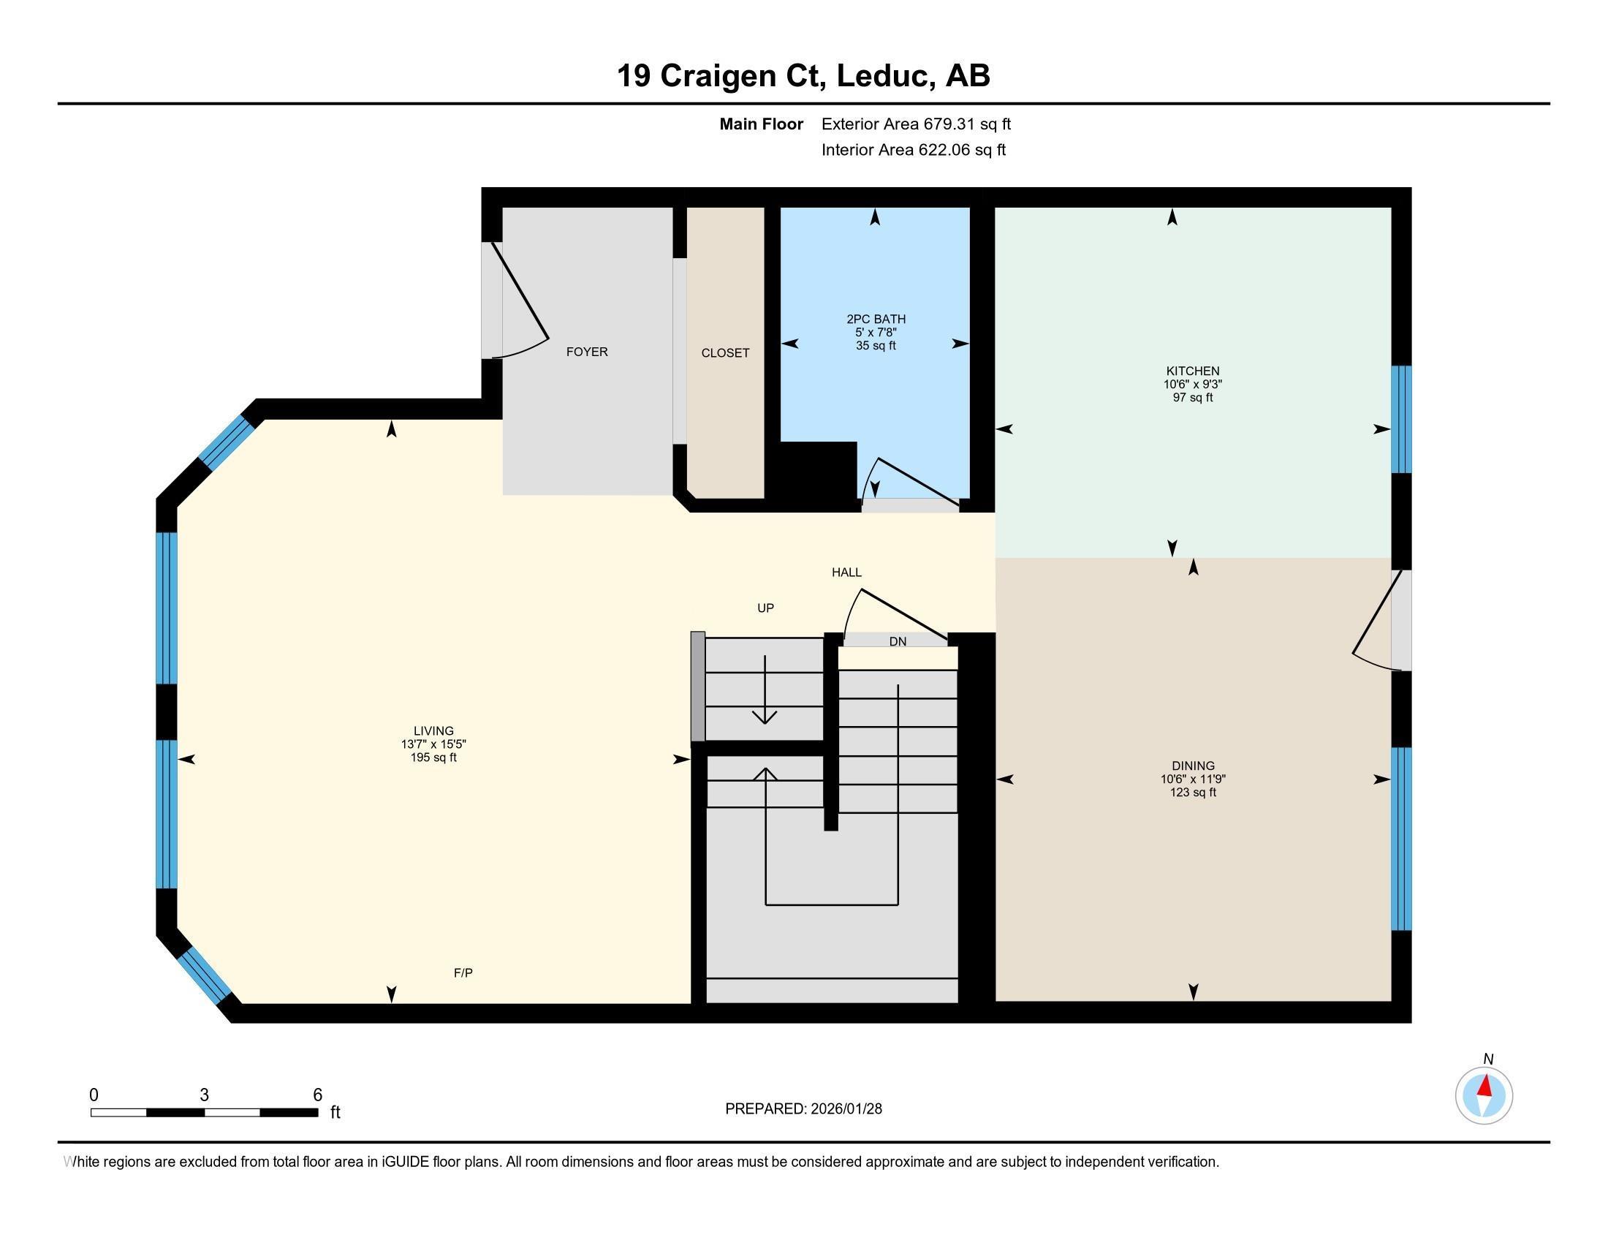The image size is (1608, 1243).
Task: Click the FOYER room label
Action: click(587, 352)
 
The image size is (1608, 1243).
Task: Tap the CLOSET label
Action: click(725, 353)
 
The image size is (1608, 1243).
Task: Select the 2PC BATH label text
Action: click(876, 319)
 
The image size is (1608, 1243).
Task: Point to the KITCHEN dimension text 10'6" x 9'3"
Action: click(1193, 385)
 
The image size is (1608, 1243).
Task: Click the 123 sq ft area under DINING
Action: click(1193, 793)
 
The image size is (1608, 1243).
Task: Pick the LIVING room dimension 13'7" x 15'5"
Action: click(433, 744)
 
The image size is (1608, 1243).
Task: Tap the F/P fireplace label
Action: click(463, 972)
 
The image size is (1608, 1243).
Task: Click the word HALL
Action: click(846, 573)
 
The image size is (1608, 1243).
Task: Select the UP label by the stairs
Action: click(766, 608)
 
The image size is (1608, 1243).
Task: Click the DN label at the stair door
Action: click(898, 641)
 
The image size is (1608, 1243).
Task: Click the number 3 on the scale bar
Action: click(204, 1095)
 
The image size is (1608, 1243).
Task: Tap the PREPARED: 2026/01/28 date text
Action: click(803, 1108)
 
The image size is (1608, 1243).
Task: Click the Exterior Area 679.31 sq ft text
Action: click(916, 124)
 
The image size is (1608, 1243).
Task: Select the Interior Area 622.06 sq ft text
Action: click(913, 149)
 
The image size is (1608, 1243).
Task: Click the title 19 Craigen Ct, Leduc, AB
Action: click(803, 75)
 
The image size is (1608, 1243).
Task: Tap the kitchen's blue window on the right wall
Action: click(1401, 419)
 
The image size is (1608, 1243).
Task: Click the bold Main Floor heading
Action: click(762, 124)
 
